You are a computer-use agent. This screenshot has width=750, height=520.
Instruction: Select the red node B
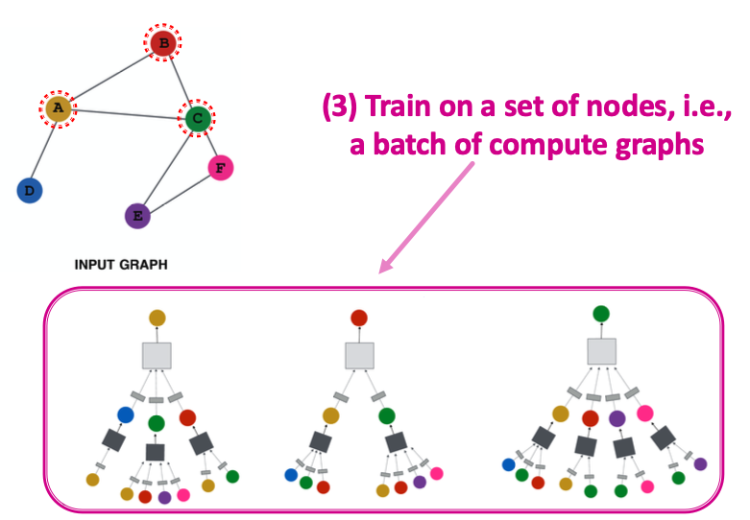163,42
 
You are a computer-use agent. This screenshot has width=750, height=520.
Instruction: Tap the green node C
197,118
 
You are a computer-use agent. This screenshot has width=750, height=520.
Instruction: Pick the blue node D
30,190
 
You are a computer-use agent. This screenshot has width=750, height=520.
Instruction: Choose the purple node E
137,215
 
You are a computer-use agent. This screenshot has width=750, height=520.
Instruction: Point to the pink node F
221,168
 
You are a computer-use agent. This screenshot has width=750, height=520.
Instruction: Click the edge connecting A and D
44,149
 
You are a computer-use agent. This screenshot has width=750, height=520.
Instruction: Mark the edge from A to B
110,76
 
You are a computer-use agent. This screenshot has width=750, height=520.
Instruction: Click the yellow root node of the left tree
157,317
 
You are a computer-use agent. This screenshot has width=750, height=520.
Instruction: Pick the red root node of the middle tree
359,317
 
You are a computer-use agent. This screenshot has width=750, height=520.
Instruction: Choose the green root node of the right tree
601,313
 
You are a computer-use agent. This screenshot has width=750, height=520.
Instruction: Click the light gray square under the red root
359,355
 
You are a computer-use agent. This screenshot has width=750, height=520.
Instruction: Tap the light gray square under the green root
601,352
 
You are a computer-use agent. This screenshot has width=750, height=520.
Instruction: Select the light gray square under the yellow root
157,355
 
